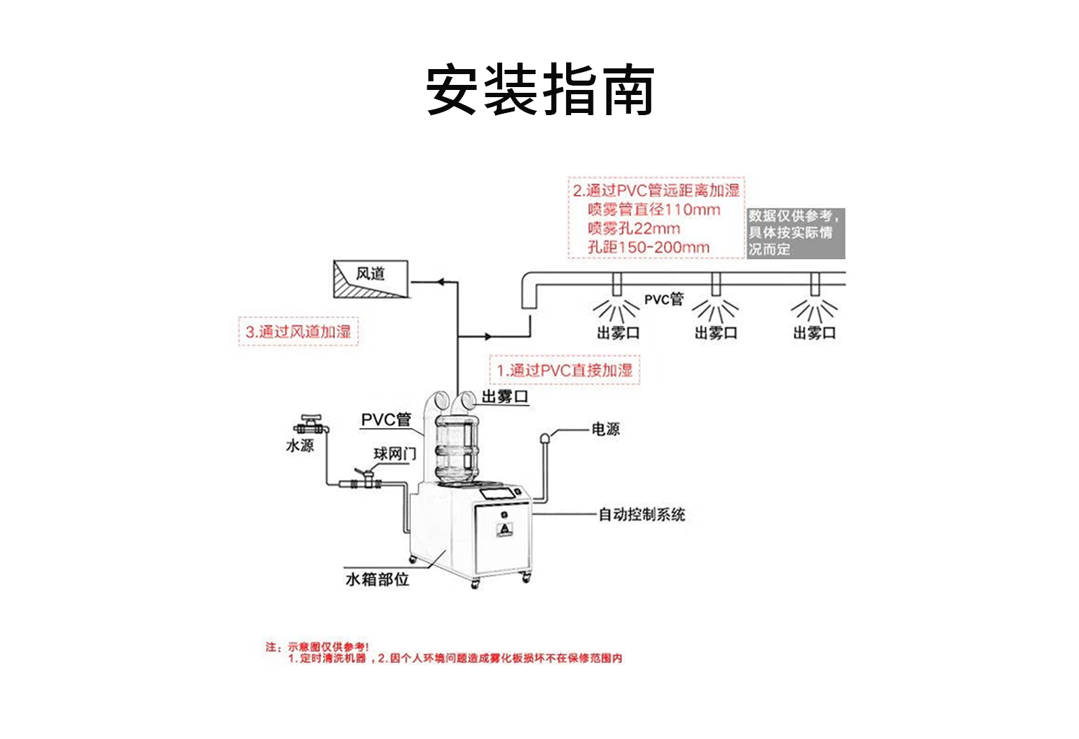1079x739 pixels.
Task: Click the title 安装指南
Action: click(x=539, y=90)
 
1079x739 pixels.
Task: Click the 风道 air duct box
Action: click(x=370, y=279)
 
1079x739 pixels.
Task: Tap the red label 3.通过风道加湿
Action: click(x=298, y=332)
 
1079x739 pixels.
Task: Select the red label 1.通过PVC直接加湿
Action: click(x=565, y=371)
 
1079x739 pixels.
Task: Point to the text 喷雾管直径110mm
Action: click(x=653, y=209)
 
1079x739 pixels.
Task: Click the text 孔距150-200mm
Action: click(x=648, y=248)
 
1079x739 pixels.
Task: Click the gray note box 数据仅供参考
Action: click(x=795, y=233)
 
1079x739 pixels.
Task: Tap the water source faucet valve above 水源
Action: click(x=311, y=425)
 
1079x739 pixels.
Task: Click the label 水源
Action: click(x=300, y=446)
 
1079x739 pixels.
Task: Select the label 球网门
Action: click(x=394, y=454)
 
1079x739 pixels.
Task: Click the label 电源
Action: click(x=605, y=430)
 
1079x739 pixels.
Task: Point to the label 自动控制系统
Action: click(x=642, y=514)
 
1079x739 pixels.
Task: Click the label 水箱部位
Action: click(x=377, y=579)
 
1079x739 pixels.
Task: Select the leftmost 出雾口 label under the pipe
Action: click(x=617, y=333)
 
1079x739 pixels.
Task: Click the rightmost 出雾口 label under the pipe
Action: click(x=814, y=333)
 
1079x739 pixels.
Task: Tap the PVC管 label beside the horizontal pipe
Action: click(x=663, y=299)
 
